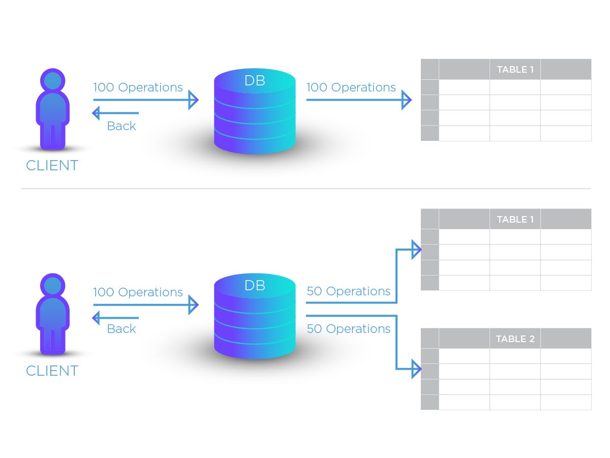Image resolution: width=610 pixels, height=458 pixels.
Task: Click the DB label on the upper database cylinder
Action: tap(255, 81)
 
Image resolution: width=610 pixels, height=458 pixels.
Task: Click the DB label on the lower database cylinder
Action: tap(255, 285)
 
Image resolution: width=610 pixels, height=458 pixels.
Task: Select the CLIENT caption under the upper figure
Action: tap(52, 166)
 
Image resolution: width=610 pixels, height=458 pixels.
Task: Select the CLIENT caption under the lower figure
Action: tap(52, 371)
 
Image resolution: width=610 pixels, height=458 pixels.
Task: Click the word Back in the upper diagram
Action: tap(121, 126)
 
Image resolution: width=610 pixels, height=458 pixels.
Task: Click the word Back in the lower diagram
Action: tap(121, 329)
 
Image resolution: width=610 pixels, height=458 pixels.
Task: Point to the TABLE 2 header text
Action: tap(515, 339)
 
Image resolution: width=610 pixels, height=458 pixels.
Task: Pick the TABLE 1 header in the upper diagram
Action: tap(515, 70)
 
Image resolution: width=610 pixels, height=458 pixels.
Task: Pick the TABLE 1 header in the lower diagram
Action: tap(515, 220)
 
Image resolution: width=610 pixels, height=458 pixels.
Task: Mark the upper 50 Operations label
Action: tap(348, 291)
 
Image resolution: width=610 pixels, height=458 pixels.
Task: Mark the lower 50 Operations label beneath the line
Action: tap(348, 329)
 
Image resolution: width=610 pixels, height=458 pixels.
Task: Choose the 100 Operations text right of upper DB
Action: tap(351, 87)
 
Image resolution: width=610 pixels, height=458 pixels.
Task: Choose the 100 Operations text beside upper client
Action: tap(138, 87)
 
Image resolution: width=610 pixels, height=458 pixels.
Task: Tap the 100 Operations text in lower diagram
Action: tap(138, 292)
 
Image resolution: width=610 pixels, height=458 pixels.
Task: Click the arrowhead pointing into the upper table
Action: tap(406, 100)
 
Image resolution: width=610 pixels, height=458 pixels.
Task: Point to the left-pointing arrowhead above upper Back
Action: tap(96, 113)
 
